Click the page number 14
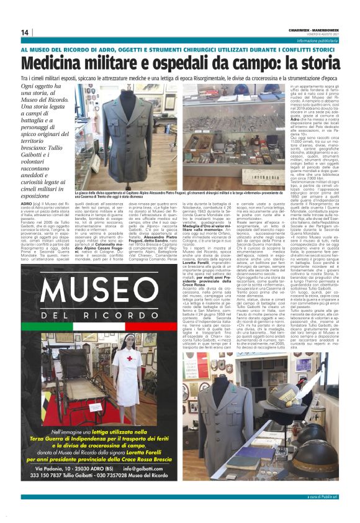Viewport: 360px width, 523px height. (x=25, y=32)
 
